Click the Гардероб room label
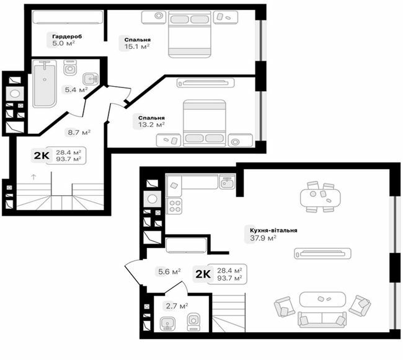(67, 37)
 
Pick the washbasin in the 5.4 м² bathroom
(91, 78)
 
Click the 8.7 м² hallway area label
(79, 132)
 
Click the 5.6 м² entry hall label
(169, 271)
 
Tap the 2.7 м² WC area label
(176, 305)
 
